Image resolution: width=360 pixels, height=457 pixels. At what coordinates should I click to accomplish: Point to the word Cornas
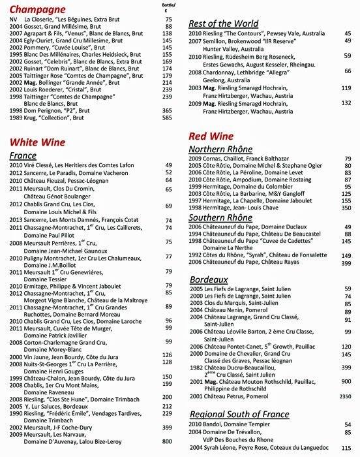(x=217, y=158)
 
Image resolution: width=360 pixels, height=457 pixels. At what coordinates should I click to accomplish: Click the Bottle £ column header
(x=167, y=7)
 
